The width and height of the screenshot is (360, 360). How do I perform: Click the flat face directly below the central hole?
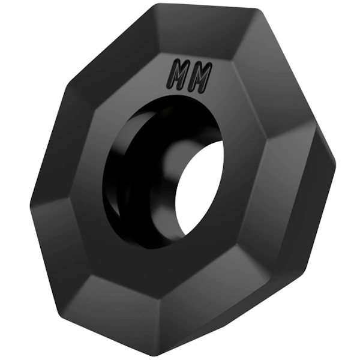click(168, 264)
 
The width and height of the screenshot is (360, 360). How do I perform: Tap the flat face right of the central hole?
click(246, 180)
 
